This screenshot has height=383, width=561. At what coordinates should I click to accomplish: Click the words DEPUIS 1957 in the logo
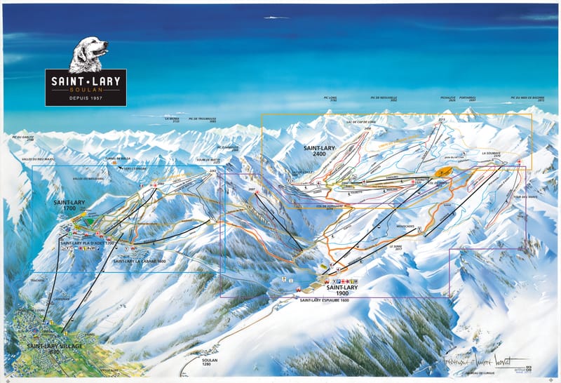(x=86, y=98)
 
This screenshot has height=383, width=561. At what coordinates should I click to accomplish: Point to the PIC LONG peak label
(x=333, y=99)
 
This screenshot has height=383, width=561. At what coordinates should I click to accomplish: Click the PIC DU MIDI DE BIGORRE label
(x=527, y=99)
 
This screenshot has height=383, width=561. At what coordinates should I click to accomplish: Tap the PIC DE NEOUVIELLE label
(x=384, y=99)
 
